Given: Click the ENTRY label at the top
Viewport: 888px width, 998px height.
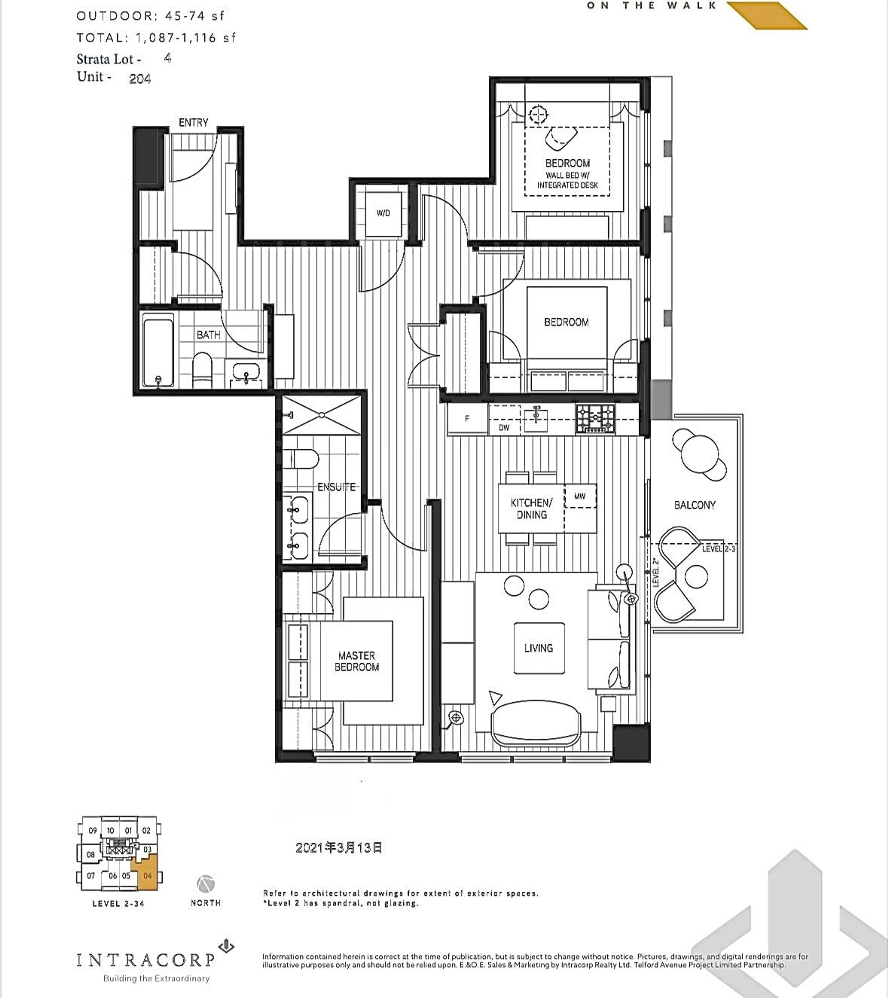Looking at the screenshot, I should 193,123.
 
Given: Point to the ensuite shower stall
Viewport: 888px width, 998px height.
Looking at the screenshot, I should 322,415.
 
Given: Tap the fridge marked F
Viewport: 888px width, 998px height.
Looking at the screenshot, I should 467,419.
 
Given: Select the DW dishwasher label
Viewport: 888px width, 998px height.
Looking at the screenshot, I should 504,428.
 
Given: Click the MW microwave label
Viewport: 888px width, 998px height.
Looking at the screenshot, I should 580,496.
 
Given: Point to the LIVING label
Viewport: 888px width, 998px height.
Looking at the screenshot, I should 538,648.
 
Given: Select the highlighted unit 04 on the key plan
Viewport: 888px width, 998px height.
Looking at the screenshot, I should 148,875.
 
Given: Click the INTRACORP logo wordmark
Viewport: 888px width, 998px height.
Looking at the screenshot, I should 145,960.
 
